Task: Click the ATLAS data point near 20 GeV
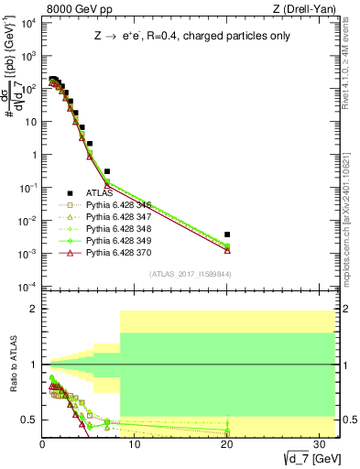click(x=227, y=234)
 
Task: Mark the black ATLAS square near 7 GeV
click(x=107, y=171)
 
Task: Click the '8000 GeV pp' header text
click(x=74, y=10)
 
